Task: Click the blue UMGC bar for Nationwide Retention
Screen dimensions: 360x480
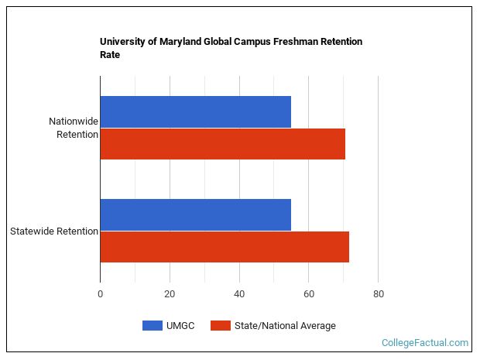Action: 195,111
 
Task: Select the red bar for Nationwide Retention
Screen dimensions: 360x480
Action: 222,144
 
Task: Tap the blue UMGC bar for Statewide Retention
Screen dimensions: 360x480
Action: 195,214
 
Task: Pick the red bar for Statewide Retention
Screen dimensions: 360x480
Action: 225,247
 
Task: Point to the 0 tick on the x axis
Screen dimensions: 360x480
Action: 100,294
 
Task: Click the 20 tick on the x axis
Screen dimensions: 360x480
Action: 170,294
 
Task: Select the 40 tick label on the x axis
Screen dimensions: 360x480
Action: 239,294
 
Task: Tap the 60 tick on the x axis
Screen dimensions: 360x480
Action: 308,294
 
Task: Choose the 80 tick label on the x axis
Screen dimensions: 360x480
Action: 378,294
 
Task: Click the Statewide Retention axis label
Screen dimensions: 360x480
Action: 53,231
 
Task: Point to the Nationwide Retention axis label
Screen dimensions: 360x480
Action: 73,128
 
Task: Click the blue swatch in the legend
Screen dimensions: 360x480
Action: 153,326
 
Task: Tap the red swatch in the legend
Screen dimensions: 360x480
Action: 221,326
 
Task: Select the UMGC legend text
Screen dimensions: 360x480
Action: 180,326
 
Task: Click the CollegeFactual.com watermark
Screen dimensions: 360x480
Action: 425,342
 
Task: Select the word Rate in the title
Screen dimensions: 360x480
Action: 110,55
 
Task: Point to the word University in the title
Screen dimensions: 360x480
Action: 122,42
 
